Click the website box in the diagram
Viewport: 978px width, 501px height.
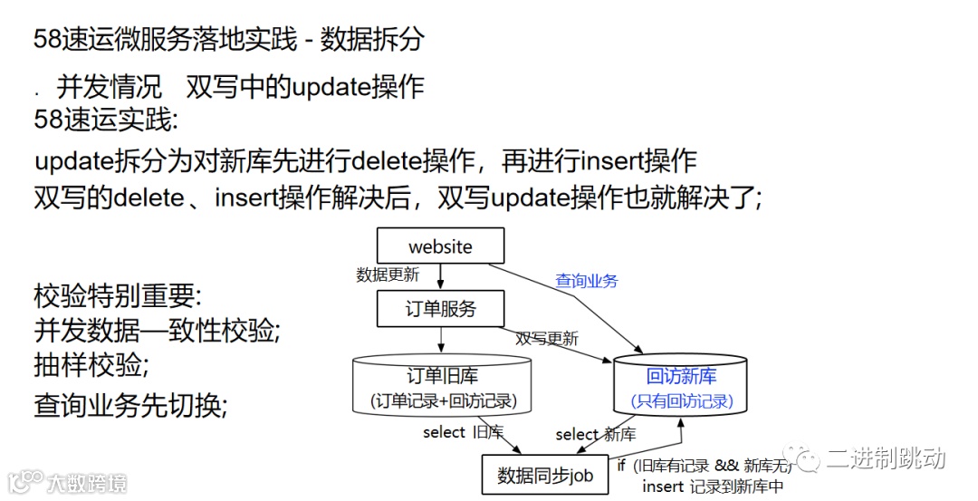(440, 246)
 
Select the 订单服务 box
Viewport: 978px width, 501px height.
(440, 309)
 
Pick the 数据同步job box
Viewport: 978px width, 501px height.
(544, 475)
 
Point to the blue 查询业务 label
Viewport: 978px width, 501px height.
(587, 281)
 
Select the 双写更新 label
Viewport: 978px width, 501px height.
(547, 339)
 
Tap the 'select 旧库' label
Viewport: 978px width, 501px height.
(463, 432)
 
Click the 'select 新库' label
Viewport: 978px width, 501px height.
(595, 434)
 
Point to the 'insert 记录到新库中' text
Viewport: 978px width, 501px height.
(713, 487)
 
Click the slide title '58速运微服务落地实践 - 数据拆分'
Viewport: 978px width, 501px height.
(228, 39)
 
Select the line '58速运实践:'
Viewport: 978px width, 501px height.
(106, 119)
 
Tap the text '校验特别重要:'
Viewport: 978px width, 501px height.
(118, 295)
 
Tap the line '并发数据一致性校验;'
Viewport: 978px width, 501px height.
(157, 330)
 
